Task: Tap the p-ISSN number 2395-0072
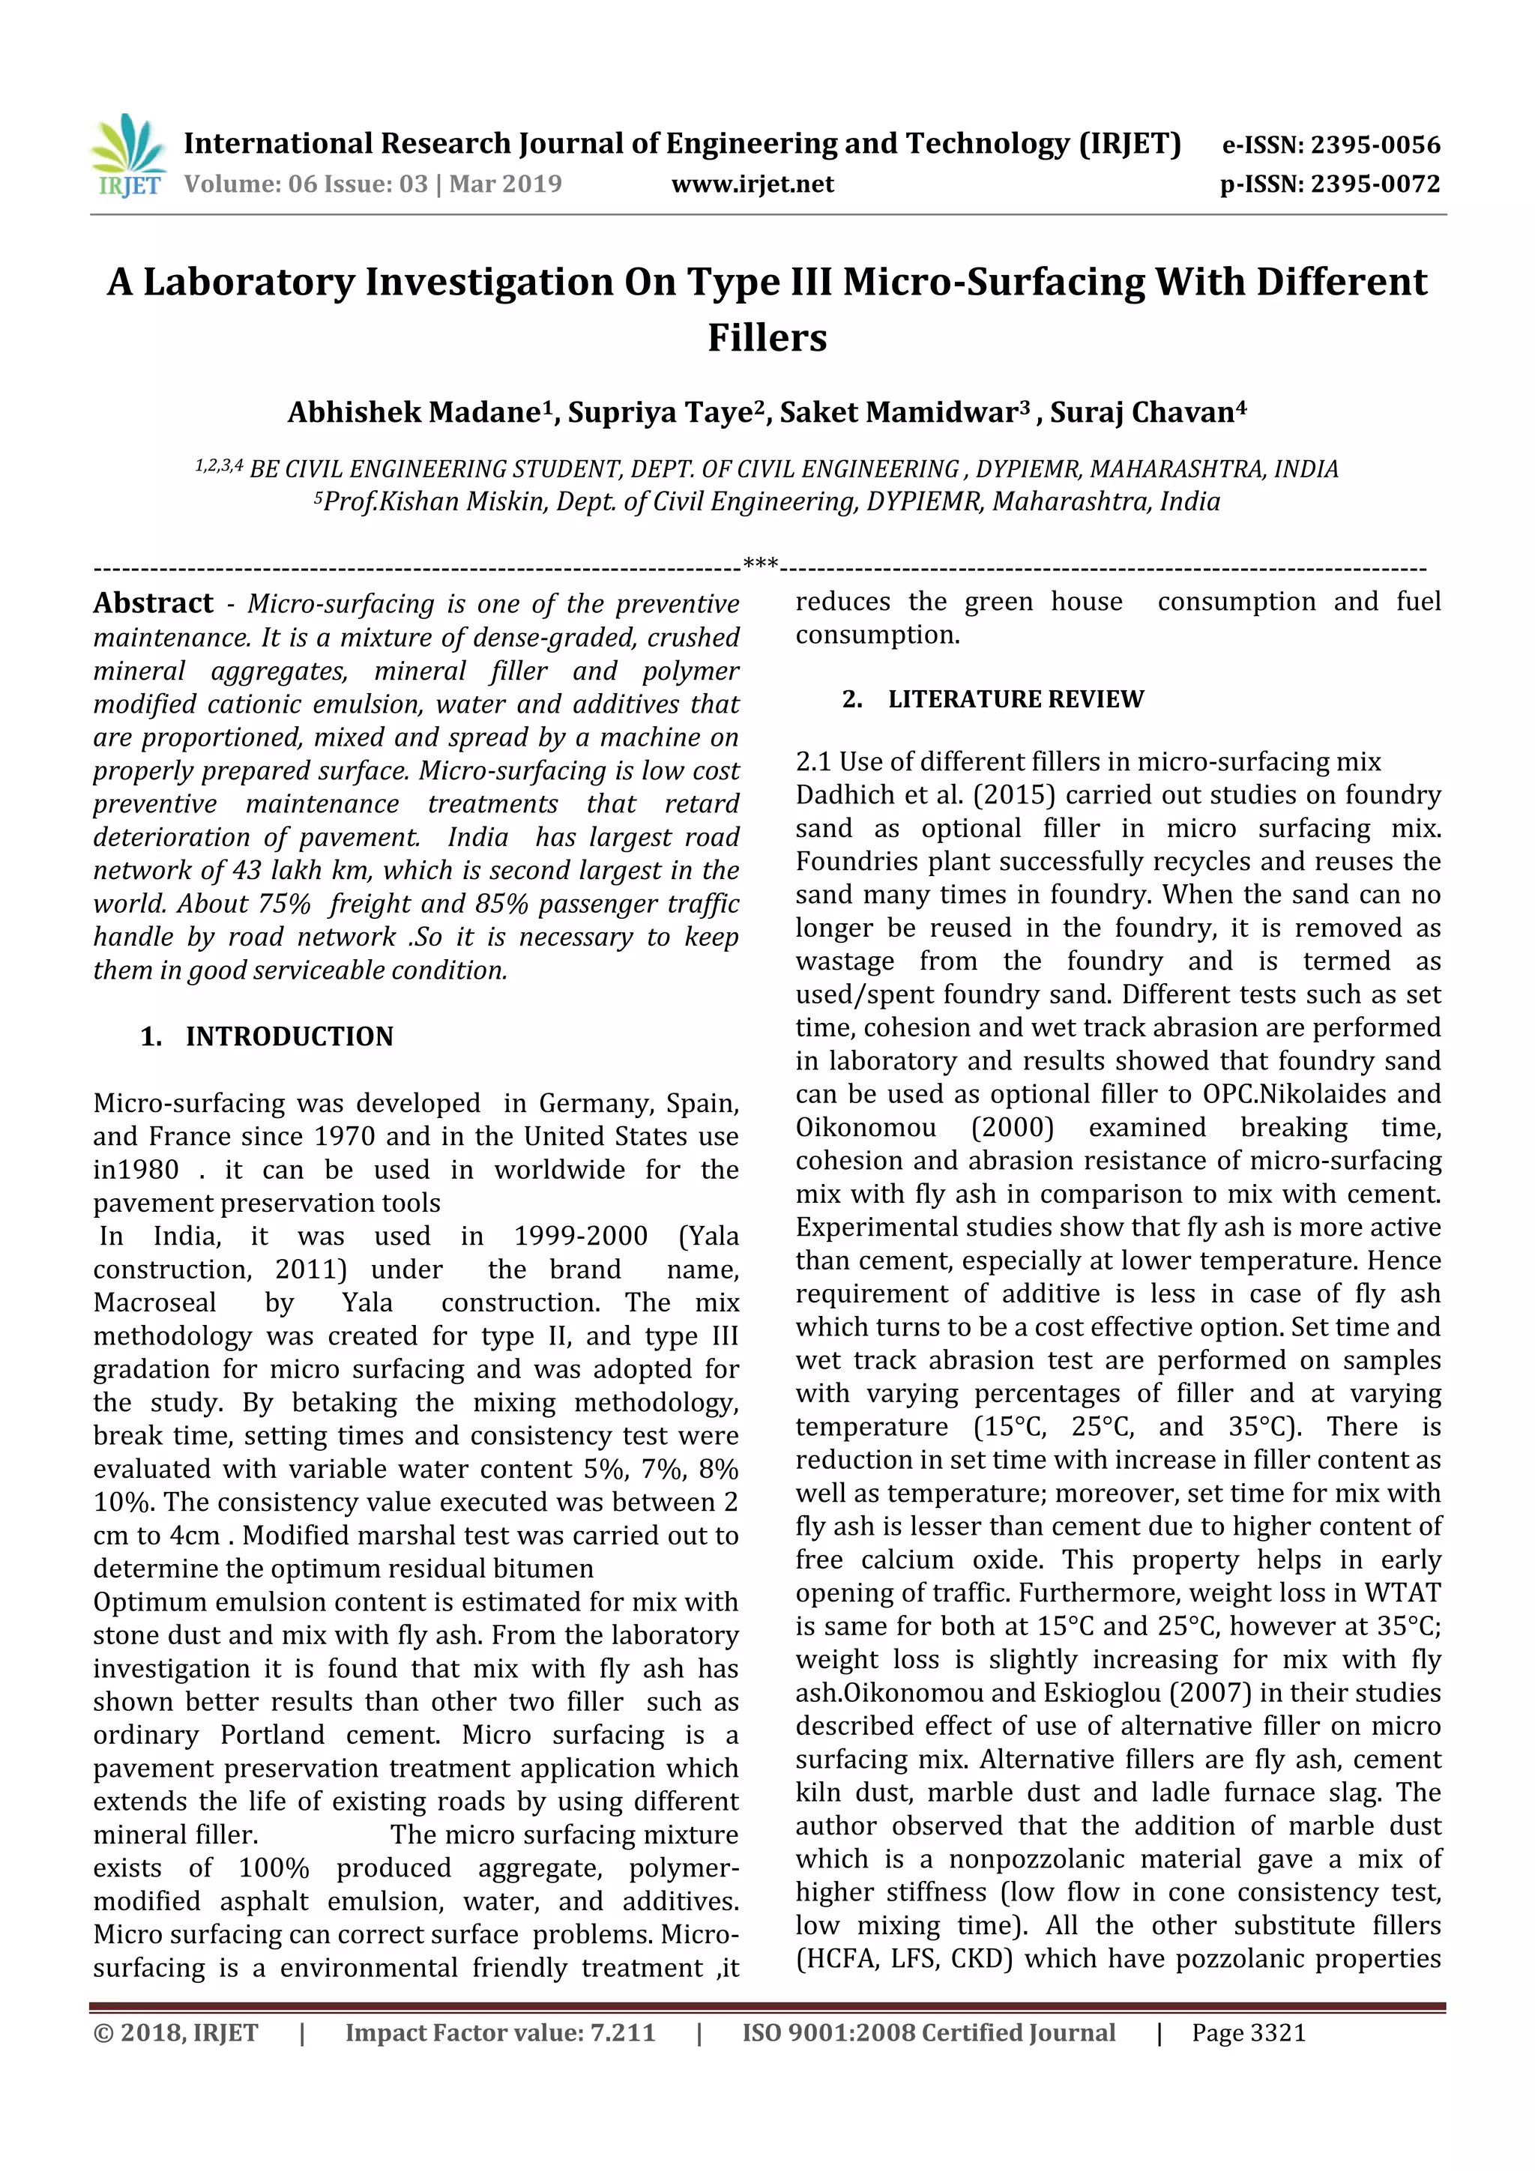point(1374,184)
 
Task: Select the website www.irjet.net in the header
point(752,184)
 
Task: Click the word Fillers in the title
point(767,337)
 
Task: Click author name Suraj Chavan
point(1142,413)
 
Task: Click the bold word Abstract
point(153,603)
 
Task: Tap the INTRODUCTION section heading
point(289,1036)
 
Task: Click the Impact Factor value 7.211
point(622,2033)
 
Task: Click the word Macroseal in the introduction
point(154,1303)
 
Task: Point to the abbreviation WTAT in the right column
point(1402,1593)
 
